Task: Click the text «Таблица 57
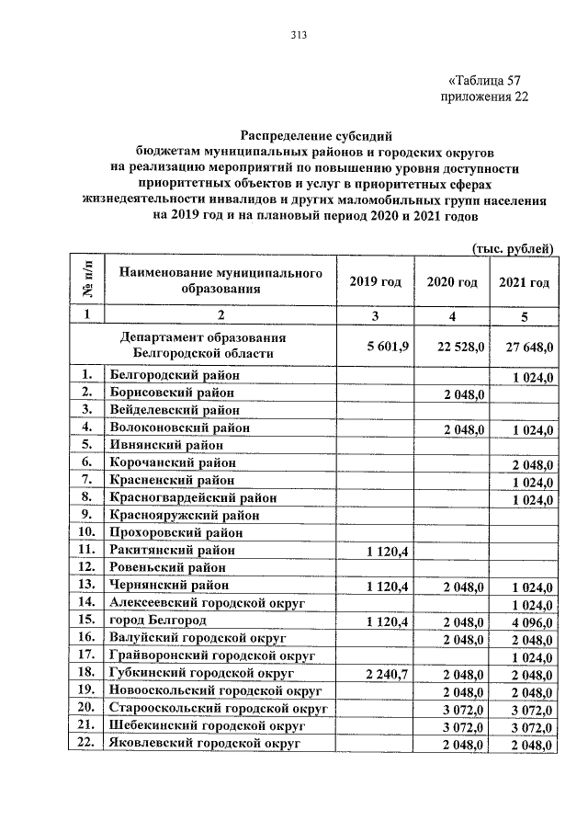(x=484, y=79)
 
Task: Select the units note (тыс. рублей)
(x=513, y=248)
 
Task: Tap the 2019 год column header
(x=375, y=282)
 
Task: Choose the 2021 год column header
(x=524, y=282)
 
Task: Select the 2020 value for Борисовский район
(x=464, y=393)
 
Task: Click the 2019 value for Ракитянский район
(x=392, y=550)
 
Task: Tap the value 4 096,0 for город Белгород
(x=531, y=621)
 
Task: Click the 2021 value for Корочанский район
(x=531, y=462)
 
